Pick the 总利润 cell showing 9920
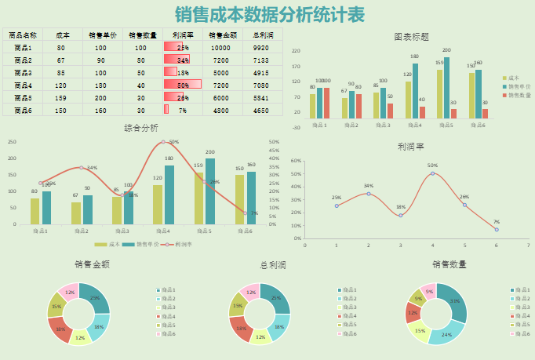pyautogui.click(x=261, y=47)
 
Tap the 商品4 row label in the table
pyautogui.click(x=23, y=85)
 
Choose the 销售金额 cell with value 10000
pyautogui.click(x=220, y=47)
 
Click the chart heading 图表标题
pyautogui.click(x=411, y=37)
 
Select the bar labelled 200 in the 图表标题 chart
pyautogui.click(x=446, y=86)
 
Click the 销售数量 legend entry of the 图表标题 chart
pyautogui.click(x=518, y=95)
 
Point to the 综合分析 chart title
pyautogui.click(x=141, y=128)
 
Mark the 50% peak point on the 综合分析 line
pyautogui.click(x=163, y=142)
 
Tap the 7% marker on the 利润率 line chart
pyautogui.click(x=496, y=229)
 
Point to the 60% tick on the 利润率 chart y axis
pyautogui.click(x=296, y=161)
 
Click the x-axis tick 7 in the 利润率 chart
pyautogui.click(x=528, y=245)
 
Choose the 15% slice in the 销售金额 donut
pyautogui.click(x=56, y=307)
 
